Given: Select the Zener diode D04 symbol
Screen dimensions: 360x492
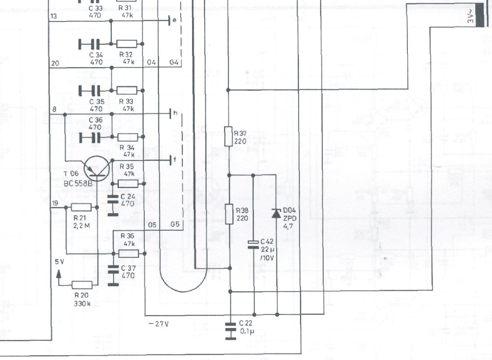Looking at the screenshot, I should tap(276, 213).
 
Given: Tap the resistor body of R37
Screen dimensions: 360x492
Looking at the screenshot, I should tap(228, 136).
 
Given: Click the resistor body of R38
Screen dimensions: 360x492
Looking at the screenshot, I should tap(229, 214).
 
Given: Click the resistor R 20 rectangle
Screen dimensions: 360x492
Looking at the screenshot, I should tap(82, 284).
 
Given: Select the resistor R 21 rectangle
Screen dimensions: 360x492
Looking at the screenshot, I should tap(81, 207).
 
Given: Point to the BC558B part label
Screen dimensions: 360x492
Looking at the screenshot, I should tap(78, 183).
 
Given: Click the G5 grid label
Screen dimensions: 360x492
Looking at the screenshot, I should tap(175, 225).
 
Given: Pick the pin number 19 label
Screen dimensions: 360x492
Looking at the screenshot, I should tap(55, 203).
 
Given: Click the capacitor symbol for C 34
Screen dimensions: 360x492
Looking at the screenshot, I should tap(89, 44).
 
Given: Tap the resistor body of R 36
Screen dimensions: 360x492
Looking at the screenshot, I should tap(128, 253).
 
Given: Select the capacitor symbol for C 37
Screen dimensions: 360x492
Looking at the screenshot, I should tap(113, 275).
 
